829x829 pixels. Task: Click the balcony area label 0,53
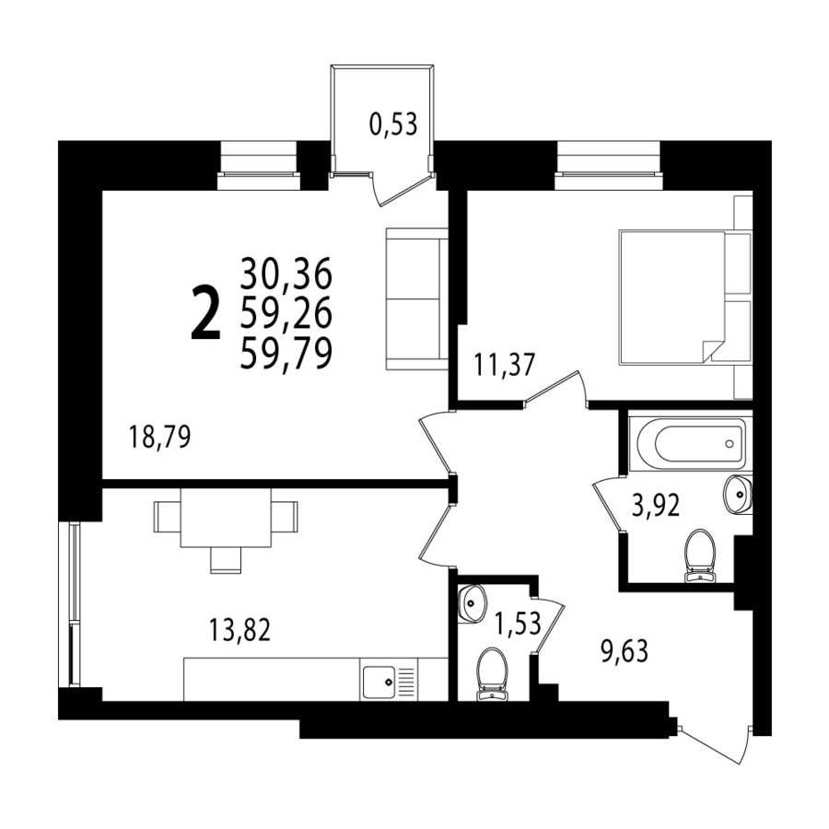tap(393, 125)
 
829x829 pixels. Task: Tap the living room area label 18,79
tap(159, 438)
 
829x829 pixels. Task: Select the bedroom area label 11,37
tap(505, 365)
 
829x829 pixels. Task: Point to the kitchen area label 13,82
tap(240, 630)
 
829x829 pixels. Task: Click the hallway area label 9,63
tap(625, 651)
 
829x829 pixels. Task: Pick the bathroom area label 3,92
tap(656, 506)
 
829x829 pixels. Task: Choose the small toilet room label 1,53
tap(518, 623)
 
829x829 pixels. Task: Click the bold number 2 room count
tap(204, 312)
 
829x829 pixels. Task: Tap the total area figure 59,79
tap(286, 353)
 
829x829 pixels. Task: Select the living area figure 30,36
tap(286, 273)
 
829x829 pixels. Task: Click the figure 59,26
tap(286, 313)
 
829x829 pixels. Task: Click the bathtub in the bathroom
tap(692, 443)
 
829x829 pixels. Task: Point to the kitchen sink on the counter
tap(379, 682)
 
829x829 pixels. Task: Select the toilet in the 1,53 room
tap(492, 674)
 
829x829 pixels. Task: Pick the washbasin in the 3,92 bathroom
tap(738, 494)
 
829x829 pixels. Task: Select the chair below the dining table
tap(226, 560)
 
